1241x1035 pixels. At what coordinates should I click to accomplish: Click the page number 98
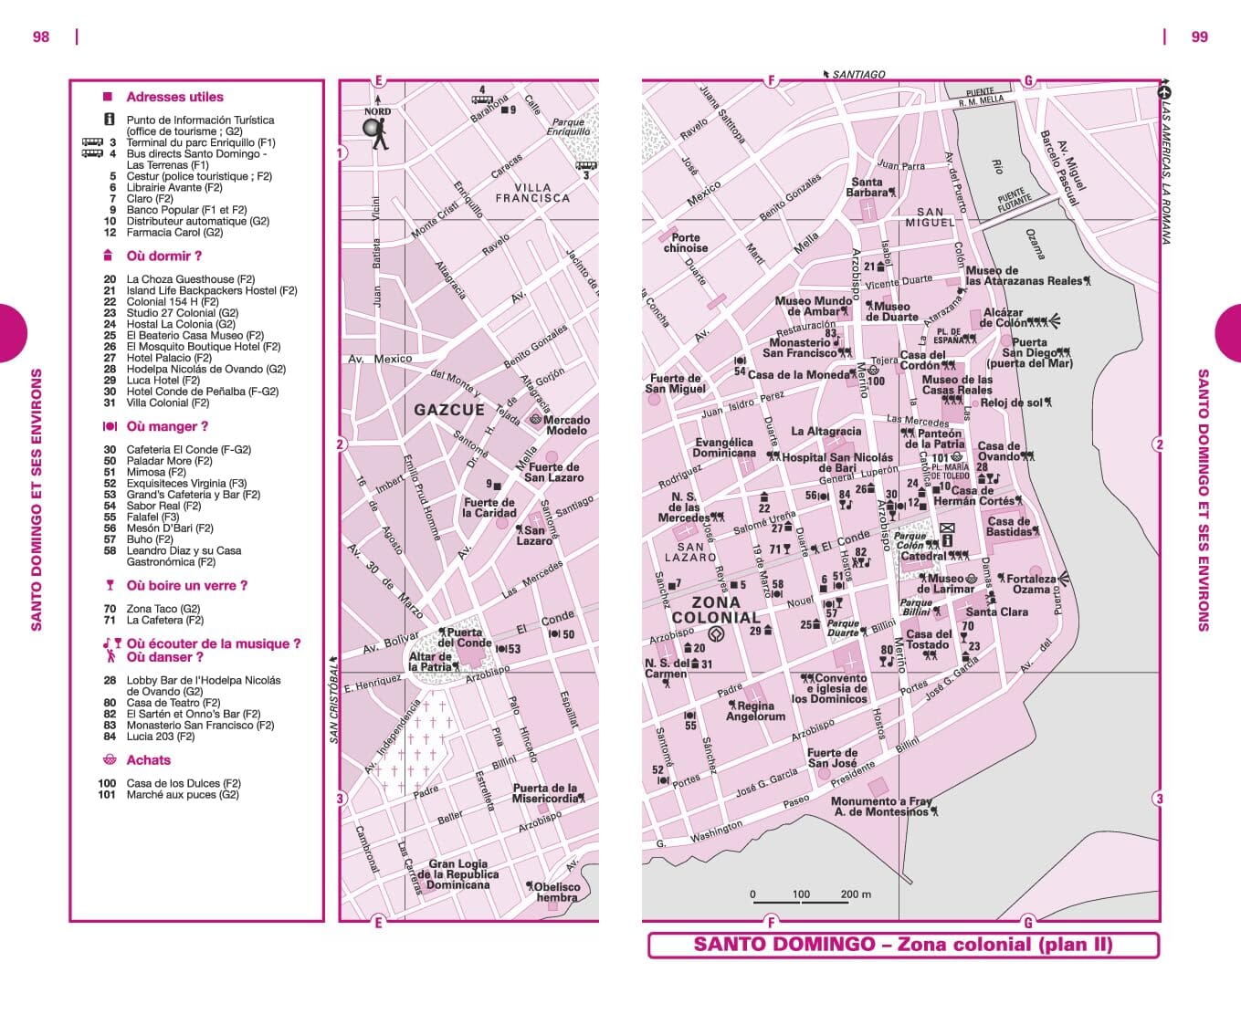point(41,37)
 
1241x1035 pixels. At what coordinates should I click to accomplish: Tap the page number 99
point(1199,37)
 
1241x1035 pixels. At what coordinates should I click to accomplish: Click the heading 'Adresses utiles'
point(174,97)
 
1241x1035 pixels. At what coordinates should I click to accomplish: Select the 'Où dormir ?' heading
point(163,256)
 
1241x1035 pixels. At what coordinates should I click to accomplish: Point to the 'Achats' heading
point(148,760)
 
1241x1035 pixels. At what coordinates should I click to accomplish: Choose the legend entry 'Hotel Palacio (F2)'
point(169,358)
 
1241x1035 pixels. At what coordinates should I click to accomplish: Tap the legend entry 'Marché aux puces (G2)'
point(183,795)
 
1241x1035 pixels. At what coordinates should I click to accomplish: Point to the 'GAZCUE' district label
point(449,411)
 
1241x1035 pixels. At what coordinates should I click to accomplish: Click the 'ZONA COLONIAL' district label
point(716,610)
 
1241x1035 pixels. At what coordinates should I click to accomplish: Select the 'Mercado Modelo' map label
point(566,425)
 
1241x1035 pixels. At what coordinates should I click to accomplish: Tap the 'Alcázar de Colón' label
point(1004,318)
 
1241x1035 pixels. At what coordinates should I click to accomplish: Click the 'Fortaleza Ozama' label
point(1030,584)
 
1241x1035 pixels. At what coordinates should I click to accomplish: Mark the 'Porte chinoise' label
point(685,243)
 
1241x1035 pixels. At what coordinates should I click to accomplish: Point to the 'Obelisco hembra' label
point(557,892)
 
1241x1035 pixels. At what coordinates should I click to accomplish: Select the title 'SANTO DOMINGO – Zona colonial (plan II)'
point(902,945)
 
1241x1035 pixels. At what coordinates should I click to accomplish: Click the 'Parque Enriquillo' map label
point(568,127)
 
